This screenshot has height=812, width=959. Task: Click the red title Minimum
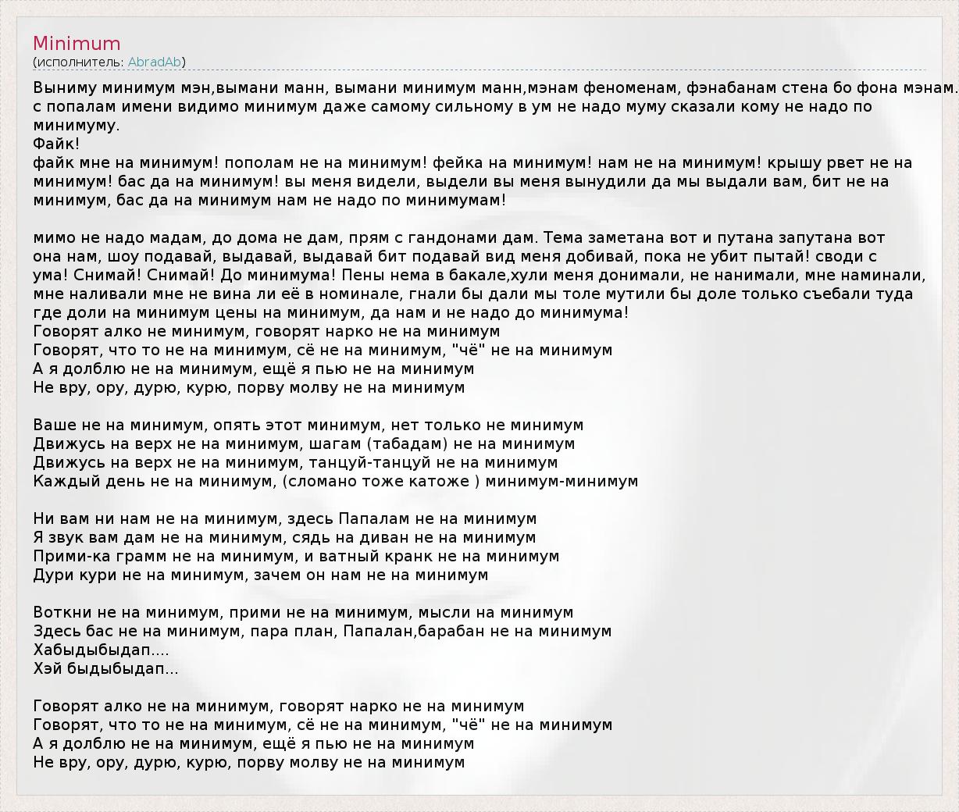(77, 44)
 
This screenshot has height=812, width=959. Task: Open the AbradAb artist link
(155, 62)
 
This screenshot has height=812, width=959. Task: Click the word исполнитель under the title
(78, 62)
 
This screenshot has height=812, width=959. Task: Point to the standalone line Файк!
(56, 144)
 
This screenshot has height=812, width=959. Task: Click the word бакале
(477, 276)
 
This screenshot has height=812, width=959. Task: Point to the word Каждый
(62, 482)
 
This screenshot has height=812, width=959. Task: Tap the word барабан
(451, 632)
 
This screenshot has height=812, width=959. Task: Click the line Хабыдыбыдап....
(101, 650)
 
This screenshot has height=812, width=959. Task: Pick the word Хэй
(48, 669)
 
